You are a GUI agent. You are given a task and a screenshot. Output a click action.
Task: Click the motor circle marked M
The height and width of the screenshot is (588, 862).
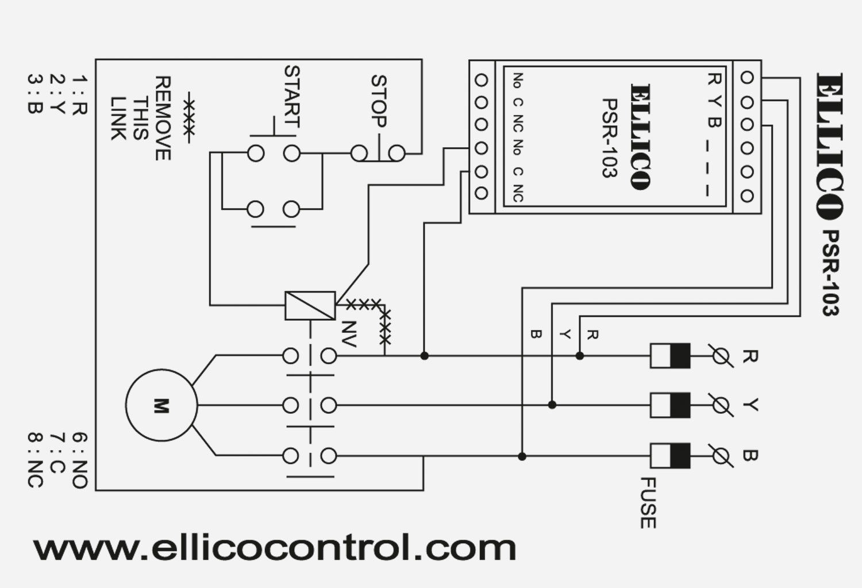point(161,405)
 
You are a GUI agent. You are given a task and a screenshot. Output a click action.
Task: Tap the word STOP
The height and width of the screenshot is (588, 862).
point(379,101)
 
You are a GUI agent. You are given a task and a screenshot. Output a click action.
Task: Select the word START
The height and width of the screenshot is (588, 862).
point(292,97)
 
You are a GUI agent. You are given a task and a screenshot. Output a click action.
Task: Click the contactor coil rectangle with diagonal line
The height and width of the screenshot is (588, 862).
point(310,305)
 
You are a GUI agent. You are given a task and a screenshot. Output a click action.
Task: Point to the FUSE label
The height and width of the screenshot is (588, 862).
point(647,503)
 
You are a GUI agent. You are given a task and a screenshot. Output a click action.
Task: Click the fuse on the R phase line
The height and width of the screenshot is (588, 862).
point(670,356)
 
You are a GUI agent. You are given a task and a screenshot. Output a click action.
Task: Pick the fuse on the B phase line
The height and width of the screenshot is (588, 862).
point(670,456)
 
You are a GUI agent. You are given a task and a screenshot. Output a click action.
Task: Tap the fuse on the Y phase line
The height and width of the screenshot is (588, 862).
point(670,405)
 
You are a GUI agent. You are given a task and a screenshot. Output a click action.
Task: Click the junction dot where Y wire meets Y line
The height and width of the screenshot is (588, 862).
point(552,405)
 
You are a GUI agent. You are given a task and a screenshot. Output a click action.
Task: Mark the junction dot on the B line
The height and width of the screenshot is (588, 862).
point(522,456)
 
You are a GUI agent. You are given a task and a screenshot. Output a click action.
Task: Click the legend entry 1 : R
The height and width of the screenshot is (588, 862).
point(79,95)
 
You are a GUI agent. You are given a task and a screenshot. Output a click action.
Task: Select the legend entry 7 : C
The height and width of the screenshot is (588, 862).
point(57,460)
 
